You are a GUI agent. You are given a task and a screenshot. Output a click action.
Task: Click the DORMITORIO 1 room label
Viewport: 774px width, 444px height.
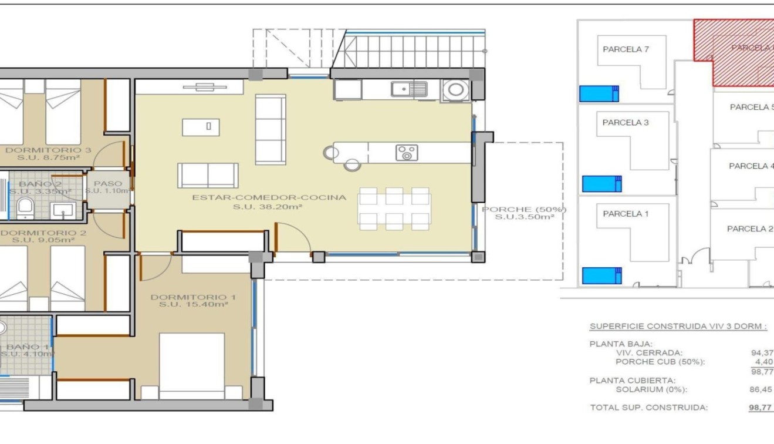click(193, 297)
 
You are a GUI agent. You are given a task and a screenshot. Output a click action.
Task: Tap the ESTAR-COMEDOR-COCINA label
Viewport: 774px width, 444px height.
click(269, 197)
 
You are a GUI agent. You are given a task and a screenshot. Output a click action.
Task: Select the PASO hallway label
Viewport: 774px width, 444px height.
click(108, 183)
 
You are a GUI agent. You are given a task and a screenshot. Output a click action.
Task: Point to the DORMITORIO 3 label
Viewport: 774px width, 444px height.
click(48, 150)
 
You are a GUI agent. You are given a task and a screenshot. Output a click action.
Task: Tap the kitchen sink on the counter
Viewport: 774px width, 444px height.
click(409, 89)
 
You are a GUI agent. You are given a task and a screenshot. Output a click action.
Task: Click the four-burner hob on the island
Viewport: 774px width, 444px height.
click(407, 153)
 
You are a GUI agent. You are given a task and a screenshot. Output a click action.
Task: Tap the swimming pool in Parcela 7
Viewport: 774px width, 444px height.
click(599, 93)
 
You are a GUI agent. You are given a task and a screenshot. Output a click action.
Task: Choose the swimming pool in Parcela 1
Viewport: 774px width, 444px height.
click(601, 275)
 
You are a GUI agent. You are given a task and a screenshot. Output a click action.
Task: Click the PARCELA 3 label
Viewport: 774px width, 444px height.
click(625, 123)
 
